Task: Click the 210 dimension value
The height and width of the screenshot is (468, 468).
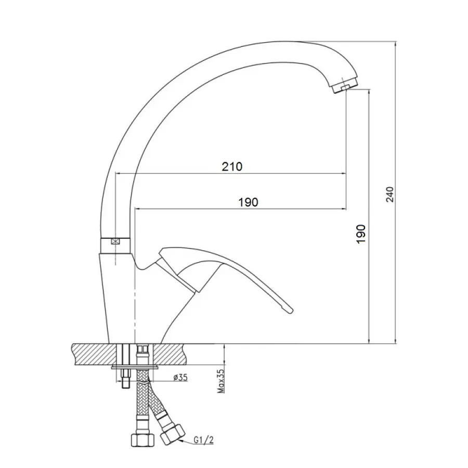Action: coord(232,166)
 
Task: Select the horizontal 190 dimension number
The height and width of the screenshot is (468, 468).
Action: coord(248,202)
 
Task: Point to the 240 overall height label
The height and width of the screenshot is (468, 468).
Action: coord(390,194)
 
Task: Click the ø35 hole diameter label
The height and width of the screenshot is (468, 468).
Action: coord(180,378)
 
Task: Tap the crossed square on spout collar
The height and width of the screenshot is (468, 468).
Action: coord(115,242)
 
